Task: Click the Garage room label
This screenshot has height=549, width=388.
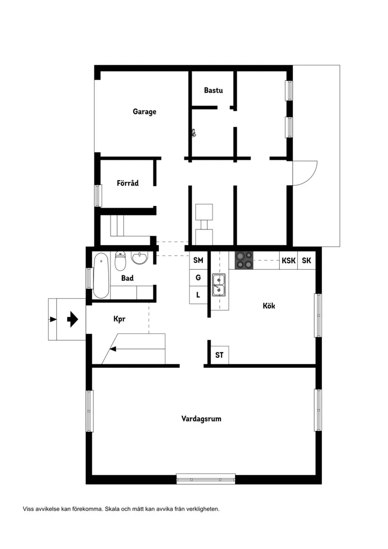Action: coord(144,112)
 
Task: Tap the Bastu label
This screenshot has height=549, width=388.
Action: coord(214,90)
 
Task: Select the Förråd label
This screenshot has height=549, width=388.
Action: coord(128,183)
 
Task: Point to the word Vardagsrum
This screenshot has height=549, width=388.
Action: coord(201,419)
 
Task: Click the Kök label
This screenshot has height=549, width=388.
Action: coord(269,306)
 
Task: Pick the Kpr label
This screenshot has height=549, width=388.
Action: coord(119,319)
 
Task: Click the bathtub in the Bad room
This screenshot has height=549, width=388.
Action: coord(101,276)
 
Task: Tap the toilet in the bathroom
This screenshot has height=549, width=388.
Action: coord(120,261)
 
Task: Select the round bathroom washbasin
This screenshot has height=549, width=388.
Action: coord(140,258)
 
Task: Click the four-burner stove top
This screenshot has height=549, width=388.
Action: coord(244,261)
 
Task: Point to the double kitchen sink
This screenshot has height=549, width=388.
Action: coord(218,285)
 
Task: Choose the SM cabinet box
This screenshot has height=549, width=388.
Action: coord(199,260)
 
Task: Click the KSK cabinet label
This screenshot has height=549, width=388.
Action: coord(289,261)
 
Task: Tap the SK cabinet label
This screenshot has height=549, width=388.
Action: coord(306,261)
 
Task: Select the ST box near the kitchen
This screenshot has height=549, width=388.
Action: coord(219,355)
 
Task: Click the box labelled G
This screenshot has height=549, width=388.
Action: coord(199,278)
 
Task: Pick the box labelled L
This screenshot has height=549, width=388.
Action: coord(199,295)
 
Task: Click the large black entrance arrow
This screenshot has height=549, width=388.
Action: coord(72,320)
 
